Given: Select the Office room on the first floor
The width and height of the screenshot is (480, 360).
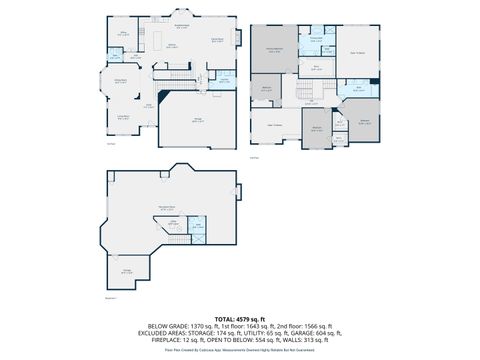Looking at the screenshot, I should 124,35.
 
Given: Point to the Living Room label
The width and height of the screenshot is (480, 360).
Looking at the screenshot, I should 120,116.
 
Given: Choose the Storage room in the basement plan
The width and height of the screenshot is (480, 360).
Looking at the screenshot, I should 128,271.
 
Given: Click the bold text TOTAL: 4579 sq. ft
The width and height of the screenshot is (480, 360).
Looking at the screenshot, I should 239,318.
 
